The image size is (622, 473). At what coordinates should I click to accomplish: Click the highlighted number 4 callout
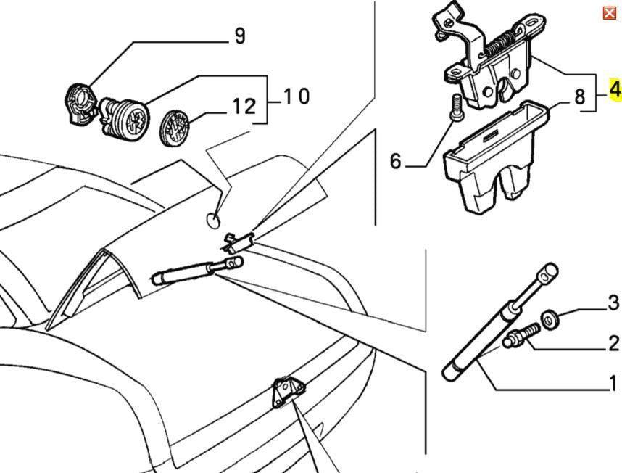(615, 90)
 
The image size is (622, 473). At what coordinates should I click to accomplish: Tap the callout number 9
(240, 36)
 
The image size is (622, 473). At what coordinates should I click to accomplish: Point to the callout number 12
(244, 107)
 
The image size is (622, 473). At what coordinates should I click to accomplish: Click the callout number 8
(579, 97)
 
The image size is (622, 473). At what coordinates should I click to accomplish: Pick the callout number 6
(395, 161)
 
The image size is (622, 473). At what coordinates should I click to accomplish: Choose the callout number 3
(613, 303)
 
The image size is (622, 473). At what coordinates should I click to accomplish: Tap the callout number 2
(613, 344)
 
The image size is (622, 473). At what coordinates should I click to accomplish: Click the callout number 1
(613, 382)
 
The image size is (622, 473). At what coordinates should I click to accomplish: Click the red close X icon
(609, 12)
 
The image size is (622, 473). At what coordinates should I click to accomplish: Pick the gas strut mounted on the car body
(192, 272)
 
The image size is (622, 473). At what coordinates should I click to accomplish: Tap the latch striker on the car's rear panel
(286, 392)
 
